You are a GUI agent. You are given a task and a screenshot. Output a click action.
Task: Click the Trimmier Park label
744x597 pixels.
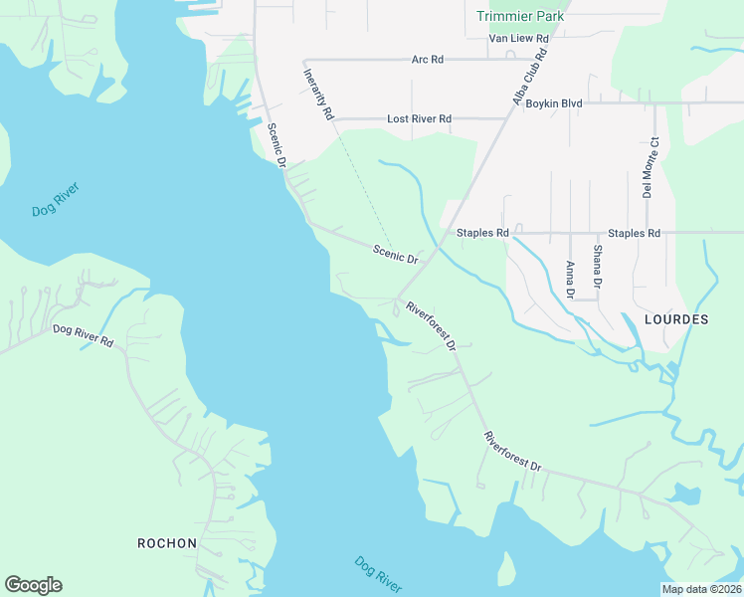point(520,16)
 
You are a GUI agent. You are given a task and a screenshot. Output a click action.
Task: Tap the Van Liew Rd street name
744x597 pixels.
point(518,39)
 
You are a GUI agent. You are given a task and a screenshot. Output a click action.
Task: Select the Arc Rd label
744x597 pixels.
point(427,60)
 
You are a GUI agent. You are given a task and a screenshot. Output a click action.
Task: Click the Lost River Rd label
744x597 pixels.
point(419,118)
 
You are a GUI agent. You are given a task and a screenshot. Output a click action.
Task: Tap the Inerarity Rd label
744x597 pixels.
point(318,95)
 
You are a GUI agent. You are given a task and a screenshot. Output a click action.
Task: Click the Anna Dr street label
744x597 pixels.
point(570,280)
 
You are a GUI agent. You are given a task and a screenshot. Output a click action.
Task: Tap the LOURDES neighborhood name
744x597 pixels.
point(676,319)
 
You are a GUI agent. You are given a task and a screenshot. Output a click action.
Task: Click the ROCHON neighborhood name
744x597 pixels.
point(166,543)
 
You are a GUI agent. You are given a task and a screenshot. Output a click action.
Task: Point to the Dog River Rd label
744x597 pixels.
point(83,335)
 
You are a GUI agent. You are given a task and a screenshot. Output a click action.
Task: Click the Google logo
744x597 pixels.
point(33,585)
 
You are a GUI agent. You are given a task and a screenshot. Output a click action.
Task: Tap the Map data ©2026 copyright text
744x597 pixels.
point(701,589)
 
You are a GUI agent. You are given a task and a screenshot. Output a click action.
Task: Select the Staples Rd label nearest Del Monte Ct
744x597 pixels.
point(634,233)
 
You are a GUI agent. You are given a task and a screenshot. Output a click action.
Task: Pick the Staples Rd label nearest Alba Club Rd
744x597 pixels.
point(482,233)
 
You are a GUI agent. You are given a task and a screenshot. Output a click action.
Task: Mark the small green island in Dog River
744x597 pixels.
point(506,570)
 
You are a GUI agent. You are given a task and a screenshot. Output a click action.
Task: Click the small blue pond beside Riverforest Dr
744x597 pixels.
point(684,493)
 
